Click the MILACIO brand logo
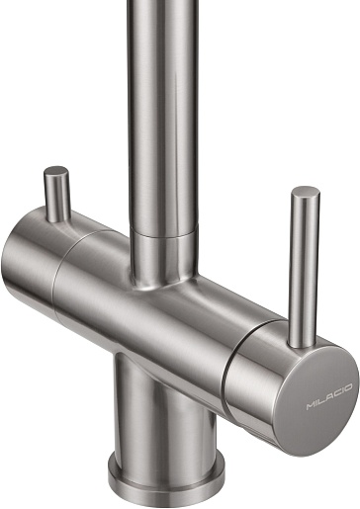pyautogui.click(x=329, y=396)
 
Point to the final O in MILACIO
pyautogui.click(x=348, y=387)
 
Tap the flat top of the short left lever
pyautogui.click(x=56, y=171)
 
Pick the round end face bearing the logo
pyautogui.click(x=315, y=399)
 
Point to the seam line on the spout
pyautogui.click(x=164, y=232)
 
